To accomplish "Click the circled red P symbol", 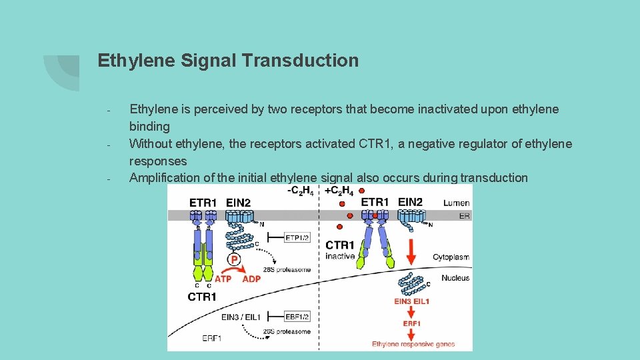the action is (x=235, y=259).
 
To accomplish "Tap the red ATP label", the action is (x=223, y=279).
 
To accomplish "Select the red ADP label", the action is (x=251, y=279).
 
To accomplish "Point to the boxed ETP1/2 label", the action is (x=297, y=237).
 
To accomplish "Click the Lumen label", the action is (x=456, y=203).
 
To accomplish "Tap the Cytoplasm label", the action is (x=451, y=257).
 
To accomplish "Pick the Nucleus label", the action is (x=455, y=278).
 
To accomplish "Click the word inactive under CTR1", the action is (x=339, y=257).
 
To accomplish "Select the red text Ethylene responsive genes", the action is (x=413, y=344).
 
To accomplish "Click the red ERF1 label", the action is (x=411, y=323).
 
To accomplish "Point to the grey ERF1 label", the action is (x=213, y=339).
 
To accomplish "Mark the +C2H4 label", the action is (x=339, y=190).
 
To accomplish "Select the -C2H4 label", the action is (x=301, y=190).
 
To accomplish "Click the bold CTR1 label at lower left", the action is (x=202, y=297).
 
